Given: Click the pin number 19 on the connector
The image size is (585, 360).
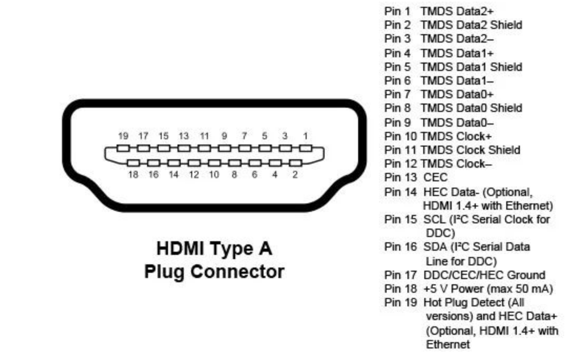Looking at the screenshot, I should point(123,136).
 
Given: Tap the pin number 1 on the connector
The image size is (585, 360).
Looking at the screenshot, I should point(305,136).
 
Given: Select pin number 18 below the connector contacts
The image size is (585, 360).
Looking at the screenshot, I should point(133,175).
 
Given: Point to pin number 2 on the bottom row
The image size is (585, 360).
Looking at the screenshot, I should point(295,175).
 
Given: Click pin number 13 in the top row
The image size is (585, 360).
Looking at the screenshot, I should point(183,136).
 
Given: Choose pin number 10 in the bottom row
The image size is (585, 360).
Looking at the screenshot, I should point(214,175).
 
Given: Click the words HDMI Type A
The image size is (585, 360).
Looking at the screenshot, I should point(214,248).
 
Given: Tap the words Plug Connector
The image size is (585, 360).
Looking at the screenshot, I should point(214,272).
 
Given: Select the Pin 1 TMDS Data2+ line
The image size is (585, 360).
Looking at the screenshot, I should point(439,11).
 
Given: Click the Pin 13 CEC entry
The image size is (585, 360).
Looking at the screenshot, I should point(416,178).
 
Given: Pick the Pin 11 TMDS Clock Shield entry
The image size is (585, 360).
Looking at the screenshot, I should point(452,150).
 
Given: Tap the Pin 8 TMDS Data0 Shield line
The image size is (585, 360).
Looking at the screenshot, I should point(453,108).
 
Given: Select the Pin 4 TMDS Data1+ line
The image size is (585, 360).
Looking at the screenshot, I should point(439,53).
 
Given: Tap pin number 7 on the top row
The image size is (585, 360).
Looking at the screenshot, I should point(244,136).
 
